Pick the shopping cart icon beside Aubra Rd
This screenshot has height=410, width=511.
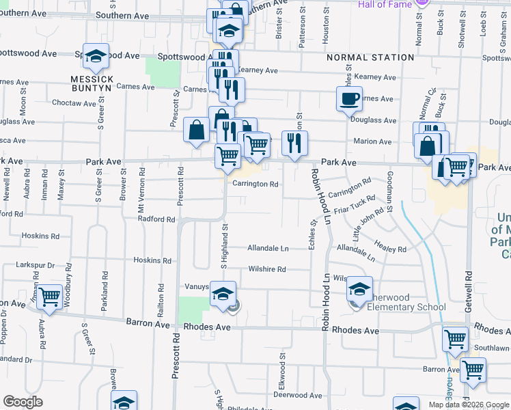pos(49,296)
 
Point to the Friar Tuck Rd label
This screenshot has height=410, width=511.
pos(355,204)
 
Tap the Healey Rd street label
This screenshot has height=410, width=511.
pos(391,246)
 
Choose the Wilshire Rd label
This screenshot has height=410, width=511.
pos(267,269)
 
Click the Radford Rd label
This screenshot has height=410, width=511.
pos(156,219)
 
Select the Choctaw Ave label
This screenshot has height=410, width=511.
pos(74,103)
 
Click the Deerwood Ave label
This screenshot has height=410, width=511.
pos(297,395)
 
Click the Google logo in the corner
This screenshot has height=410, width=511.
pos(23,402)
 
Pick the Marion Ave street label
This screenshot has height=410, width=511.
pos(372,141)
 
